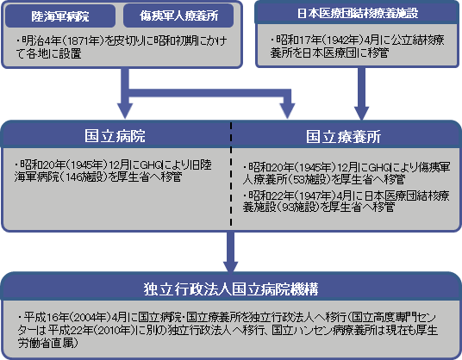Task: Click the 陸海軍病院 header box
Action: tap(60, 16)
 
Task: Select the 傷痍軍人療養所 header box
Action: tap(178, 16)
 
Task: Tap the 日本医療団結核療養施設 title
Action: tap(358, 13)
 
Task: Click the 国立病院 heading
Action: tap(115, 136)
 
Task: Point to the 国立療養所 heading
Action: tap(344, 137)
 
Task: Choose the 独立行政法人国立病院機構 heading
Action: tap(231, 289)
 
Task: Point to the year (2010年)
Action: tap(115, 330)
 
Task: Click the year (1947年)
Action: tap(315, 196)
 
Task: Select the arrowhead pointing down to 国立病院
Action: tap(125, 111)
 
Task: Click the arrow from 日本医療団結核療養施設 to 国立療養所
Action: tap(361, 94)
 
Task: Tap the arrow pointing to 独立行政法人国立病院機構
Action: tap(231, 252)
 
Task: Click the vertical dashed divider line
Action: tap(231, 174)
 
